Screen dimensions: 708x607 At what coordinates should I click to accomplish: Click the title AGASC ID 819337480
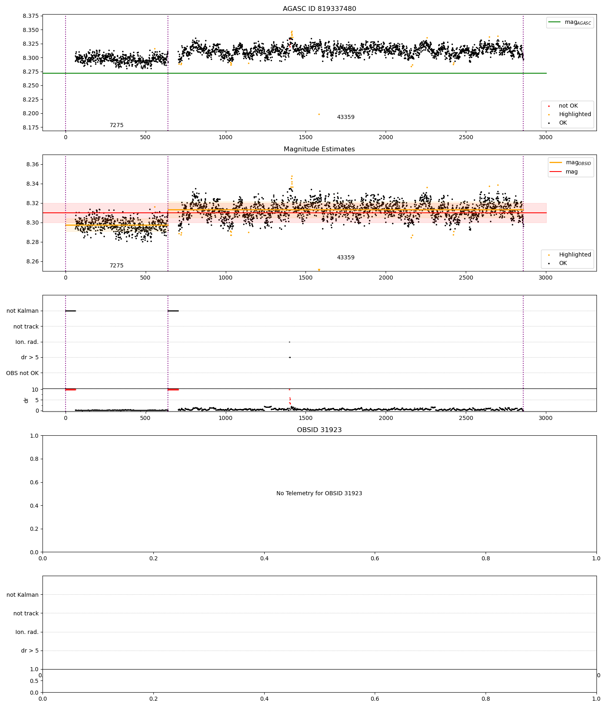click(x=319, y=9)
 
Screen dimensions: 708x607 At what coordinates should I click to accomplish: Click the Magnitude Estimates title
click(x=319, y=149)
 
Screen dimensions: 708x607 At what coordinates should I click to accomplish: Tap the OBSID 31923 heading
click(x=319, y=430)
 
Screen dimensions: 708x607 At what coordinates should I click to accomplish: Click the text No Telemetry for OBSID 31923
click(x=319, y=494)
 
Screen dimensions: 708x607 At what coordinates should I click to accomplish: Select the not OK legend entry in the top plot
click(x=568, y=106)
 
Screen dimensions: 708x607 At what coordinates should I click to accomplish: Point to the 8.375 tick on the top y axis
click(x=31, y=16)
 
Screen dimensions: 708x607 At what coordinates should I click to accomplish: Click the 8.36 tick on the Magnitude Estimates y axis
click(x=32, y=165)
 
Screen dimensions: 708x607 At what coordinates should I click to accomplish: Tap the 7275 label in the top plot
click(x=117, y=125)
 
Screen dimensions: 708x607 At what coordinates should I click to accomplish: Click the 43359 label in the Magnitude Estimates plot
click(x=346, y=258)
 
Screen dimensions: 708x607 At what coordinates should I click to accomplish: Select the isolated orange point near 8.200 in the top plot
click(x=319, y=114)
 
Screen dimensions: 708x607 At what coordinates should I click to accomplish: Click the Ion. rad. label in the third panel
click(x=27, y=342)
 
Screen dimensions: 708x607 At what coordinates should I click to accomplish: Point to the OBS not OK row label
click(x=23, y=373)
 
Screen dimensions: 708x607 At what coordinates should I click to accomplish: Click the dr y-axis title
click(x=26, y=400)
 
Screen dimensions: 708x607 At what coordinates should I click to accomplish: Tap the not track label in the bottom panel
click(x=26, y=613)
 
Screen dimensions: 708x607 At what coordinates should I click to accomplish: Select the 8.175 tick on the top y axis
click(x=31, y=127)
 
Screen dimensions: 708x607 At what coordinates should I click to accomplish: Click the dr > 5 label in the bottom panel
click(x=30, y=651)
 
